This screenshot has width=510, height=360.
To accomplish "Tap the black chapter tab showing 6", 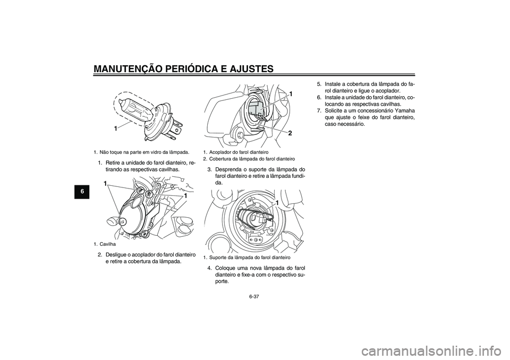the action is tap(83, 192).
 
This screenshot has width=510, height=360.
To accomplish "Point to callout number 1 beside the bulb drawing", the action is tap(115, 128).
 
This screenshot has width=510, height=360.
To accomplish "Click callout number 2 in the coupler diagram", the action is tap(290, 133).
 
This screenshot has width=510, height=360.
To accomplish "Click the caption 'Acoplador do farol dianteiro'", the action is tap(239, 152).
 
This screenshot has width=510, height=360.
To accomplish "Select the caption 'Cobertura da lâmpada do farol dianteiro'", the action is tap(252, 159).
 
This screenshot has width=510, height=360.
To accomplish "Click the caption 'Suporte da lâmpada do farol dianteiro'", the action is tap(250, 258).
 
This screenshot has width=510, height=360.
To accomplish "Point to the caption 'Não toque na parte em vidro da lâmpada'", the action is tap(144, 152).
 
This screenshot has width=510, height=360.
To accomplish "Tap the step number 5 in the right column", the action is tap(319, 84).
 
